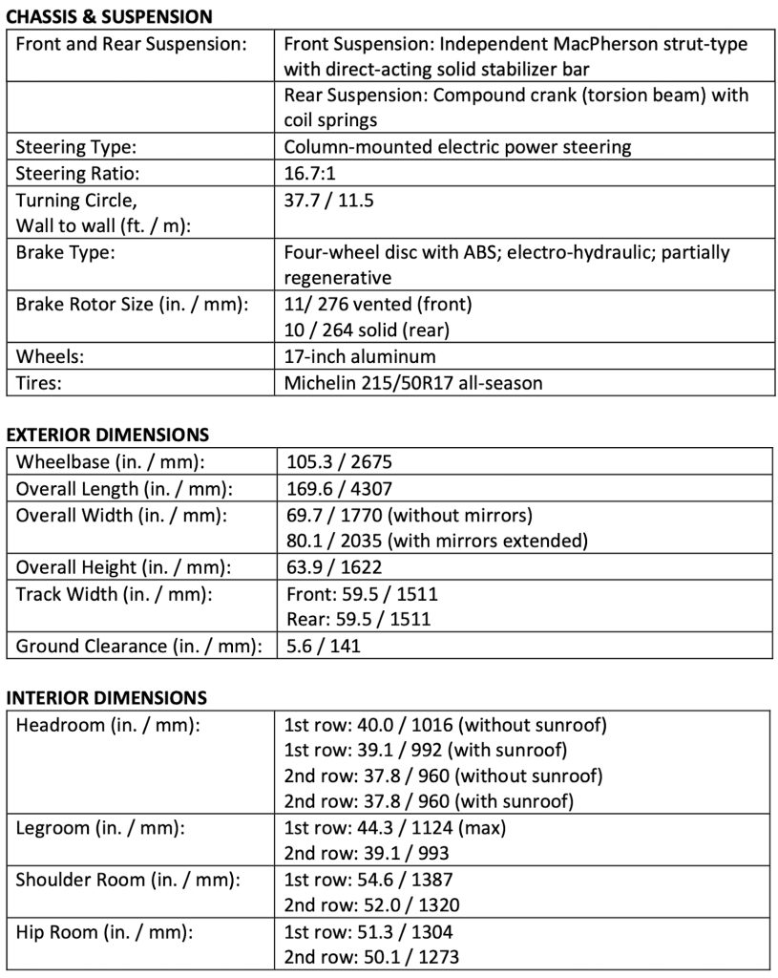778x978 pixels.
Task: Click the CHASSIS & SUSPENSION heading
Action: click(109, 16)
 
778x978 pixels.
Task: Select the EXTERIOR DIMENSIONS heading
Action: click(107, 435)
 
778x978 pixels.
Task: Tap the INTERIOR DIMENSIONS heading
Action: click(106, 697)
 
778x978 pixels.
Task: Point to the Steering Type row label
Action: click(76, 147)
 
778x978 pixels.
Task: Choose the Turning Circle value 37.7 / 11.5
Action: click(330, 201)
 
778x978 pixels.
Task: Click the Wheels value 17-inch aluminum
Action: click(360, 356)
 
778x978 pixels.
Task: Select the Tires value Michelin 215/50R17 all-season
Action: click(413, 383)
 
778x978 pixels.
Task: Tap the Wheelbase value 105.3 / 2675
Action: click(340, 462)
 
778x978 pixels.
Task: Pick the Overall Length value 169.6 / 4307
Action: click(340, 488)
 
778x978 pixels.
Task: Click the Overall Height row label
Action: click(123, 567)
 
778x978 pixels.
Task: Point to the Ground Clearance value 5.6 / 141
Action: click(324, 646)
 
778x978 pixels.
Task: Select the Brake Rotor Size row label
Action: click(132, 305)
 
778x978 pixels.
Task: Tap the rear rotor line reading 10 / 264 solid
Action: click(367, 330)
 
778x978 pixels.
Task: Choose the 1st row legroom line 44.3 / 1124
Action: click(396, 828)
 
